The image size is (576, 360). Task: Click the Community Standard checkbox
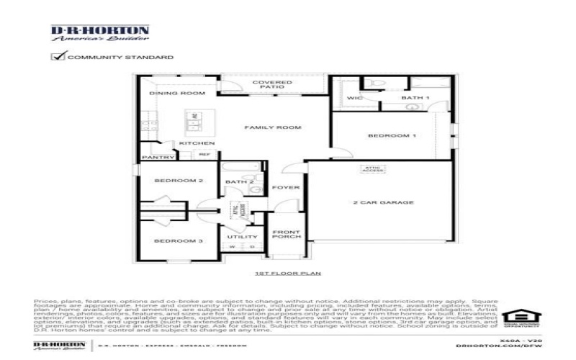[57, 56]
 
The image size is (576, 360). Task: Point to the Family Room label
[262, 127]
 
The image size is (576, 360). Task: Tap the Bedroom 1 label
[391, 135]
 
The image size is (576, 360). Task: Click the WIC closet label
[355, 98]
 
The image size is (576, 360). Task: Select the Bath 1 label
[415, 98]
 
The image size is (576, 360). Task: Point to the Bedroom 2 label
[178, 181]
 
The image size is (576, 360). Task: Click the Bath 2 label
[239, 182]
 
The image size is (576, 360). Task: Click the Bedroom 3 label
[178, 240]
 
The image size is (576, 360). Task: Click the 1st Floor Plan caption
[288, 274]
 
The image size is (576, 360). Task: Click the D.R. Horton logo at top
[100, 34]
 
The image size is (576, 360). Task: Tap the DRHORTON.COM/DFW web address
[497, 346]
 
